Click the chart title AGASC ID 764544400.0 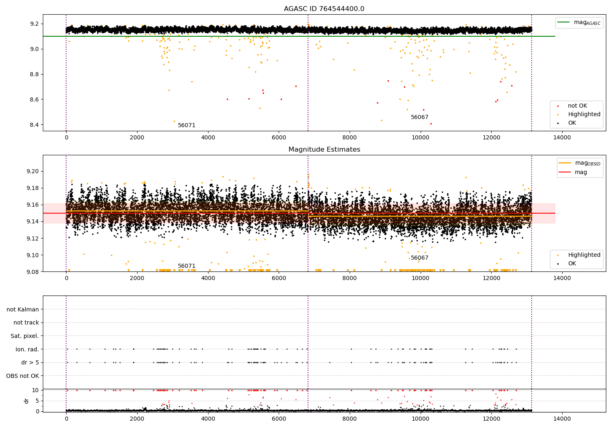(x=324, y=9)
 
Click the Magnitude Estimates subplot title (x=324, y=150)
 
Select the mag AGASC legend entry (x=579, y=22)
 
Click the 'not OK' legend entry (x=572, y=106)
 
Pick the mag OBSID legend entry (x=579, y=163)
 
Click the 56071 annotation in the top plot (x=186, y=125)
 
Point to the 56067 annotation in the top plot (x=420, y=117)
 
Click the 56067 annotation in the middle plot (x=420, y=258)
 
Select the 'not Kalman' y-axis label (x=23, y=309)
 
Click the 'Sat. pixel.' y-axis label (x=24, y=336)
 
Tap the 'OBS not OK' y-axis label (x=23, y=376)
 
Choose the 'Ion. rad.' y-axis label (x=27, y=349)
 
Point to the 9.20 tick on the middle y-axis (x=33, y=172)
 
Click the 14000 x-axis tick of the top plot (x=562, y=138)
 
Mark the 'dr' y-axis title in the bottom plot (x=26, y=401)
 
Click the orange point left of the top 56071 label (x=174, y=121)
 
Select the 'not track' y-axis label (x=26, y=323)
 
